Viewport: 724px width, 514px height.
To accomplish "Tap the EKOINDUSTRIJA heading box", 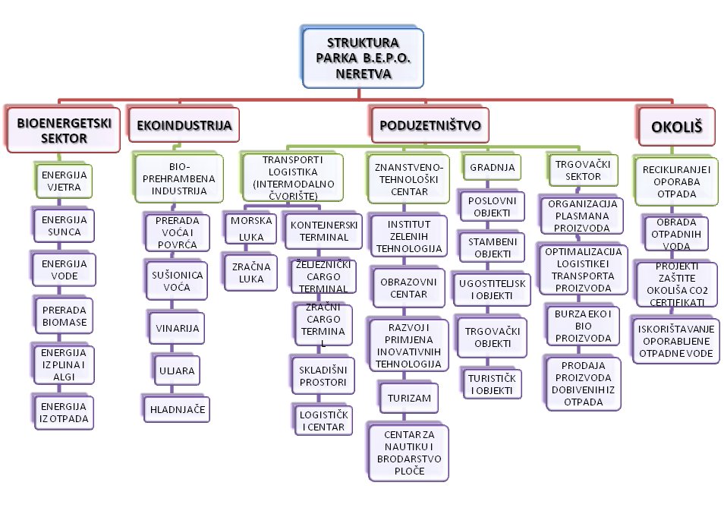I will tap(183, 125).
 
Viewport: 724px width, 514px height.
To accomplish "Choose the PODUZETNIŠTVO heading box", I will tap(430, 125).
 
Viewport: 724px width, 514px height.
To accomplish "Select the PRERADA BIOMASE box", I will tap(64, 316).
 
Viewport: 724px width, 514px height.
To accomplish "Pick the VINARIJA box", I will tap(177, 328).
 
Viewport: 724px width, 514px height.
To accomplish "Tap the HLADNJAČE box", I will tap(177, 408).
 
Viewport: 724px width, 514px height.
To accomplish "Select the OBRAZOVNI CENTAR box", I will tap(409, 286).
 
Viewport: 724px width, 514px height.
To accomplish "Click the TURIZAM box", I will tap(409, 397).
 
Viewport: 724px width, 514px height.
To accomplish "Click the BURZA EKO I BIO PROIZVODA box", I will tap(582, 325).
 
